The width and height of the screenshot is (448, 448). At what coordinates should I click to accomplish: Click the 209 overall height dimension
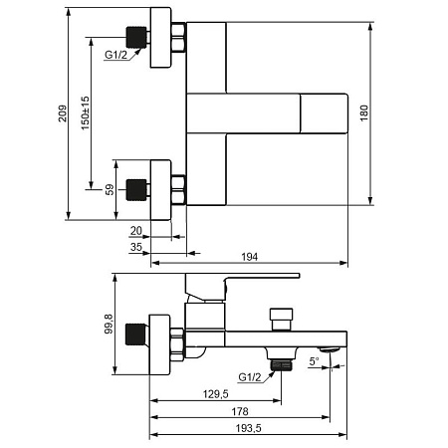click(x=63, y=113)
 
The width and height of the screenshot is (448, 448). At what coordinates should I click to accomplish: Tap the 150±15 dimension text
click(x=86, y=113)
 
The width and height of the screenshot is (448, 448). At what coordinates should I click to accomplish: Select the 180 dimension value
click(x=364, y=113)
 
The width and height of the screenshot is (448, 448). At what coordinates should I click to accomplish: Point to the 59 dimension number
click(x=110, y=190)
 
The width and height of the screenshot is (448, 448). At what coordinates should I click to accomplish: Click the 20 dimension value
click(x=136, y=231)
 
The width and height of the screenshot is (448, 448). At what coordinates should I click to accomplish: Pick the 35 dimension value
click(x=136, y=247)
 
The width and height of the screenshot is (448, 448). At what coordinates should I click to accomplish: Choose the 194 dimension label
click(x=249, y=257)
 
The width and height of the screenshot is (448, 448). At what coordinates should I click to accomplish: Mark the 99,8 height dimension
click(x=109, y=324)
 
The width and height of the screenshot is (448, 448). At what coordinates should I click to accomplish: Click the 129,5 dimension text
click(x=216, y=394)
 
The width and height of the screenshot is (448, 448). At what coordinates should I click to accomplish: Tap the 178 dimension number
click(x=240, y=411)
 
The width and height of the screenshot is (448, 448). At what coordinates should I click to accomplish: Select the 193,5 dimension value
click(x=249, y=428)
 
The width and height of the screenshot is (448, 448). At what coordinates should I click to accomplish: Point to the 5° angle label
click(x=314, y=361)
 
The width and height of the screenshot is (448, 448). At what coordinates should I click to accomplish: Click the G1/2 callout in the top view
click(x=115, y=55)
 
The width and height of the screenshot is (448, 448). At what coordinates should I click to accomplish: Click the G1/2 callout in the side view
click(x=250, y=377)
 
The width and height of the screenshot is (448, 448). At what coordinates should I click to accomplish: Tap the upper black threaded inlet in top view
click(x=136, y=37)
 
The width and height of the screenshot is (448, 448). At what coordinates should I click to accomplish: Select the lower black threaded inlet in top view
click(x=136, y=190)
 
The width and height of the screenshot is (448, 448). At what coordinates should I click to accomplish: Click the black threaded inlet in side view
click(x=135, y=334)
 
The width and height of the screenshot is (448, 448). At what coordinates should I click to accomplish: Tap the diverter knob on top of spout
click(x=282, y=320)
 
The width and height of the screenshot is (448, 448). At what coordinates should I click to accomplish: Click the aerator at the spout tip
click(x=329, y=349)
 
